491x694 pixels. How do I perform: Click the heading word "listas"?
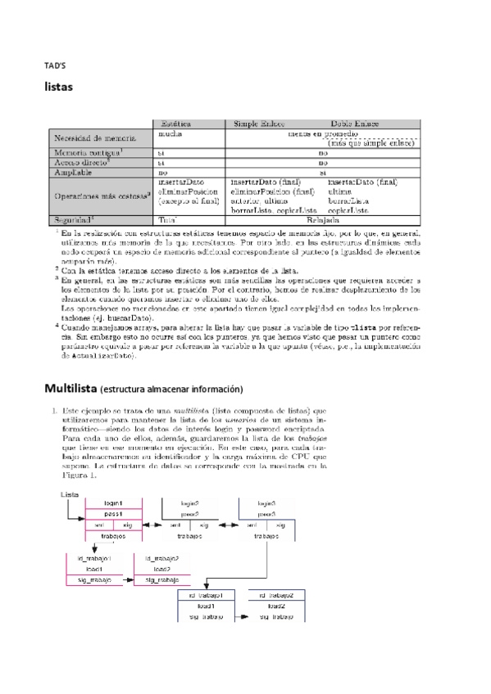click(x=59, y=86)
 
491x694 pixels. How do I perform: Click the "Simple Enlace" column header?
click(x=260, y=122)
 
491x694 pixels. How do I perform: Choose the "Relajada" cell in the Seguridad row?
click(x=323, y=220)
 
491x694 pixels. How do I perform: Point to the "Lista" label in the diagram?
click(x=70, y=495)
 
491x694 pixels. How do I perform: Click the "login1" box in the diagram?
click(x=114, y=502)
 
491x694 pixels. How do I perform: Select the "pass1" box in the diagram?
click(x=114, y=514)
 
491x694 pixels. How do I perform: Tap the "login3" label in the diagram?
click(x=266, y=502)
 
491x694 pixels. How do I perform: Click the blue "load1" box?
click(x=206, y=606)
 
